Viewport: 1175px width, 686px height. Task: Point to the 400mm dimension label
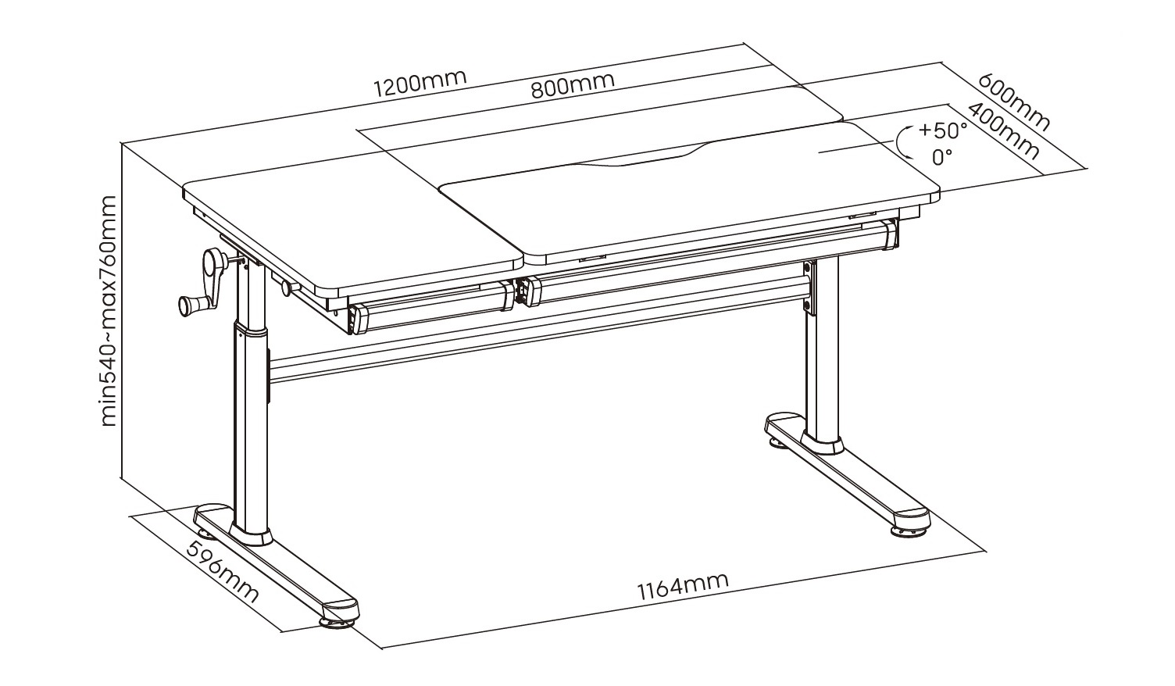[x=1003, y=131]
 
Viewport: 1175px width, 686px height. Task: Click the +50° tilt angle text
[x=943, y=130]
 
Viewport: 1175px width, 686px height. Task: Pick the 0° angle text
[x=943, y=157]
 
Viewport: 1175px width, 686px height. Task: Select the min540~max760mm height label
[x=109, y=310]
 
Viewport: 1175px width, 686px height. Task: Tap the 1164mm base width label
[x=683, y=585]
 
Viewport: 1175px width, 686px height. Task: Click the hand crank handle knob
[x=190, y=305]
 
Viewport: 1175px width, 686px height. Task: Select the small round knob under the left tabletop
[x=288, y=288]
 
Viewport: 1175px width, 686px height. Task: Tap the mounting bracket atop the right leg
[x=810, y=288]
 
